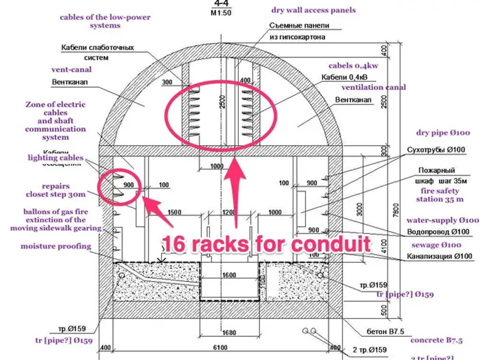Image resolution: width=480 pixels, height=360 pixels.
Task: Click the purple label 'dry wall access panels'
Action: [x=313, y=10]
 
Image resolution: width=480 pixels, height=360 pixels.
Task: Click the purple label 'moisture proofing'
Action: [x=56, y=246]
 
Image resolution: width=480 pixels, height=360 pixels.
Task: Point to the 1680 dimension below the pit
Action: [x=229, y=333]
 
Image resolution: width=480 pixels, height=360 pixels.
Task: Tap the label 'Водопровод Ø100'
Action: [x=435, y=232]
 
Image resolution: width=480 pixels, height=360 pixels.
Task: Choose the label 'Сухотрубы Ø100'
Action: [x=435, y=150]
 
